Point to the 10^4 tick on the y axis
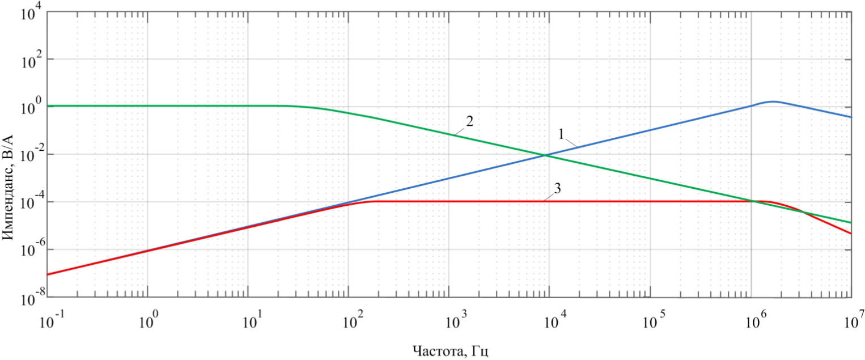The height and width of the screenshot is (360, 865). tap(30, 12)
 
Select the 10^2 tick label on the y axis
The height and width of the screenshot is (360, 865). tap(30, 60)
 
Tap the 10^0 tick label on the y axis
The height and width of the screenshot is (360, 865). tap(30, 108)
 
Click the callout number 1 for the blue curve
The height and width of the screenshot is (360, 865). tap(561, 135)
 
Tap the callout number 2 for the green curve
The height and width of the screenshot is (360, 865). tap(469, 121)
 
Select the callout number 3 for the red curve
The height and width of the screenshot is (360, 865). tap(558, 189)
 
